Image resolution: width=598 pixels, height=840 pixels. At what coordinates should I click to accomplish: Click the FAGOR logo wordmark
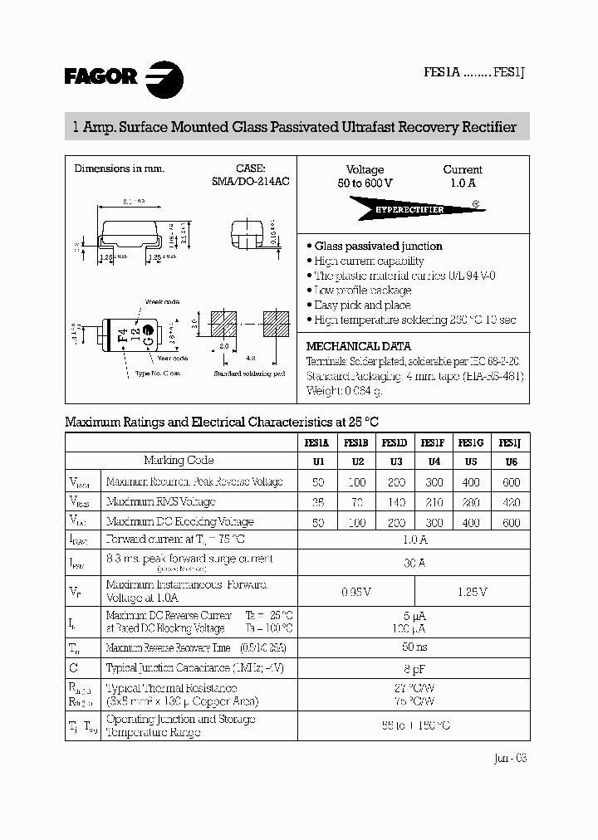click(100, 77)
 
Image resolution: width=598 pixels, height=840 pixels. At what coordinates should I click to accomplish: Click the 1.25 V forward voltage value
click(471, 592)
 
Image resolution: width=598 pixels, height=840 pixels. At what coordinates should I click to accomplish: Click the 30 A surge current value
click(413, 564)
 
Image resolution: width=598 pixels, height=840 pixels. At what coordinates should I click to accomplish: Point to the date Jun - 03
click(509, 758)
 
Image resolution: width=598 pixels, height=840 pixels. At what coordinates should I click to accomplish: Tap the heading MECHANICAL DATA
click(358, 346)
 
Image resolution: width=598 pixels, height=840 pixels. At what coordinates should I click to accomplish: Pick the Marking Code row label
click(179, 461)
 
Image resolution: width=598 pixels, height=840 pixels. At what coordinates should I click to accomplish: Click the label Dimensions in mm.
click(120, 168)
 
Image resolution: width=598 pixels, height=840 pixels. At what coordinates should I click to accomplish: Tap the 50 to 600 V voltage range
click(365, 183)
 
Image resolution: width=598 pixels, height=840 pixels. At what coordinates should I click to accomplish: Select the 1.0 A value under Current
click(463, 183)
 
